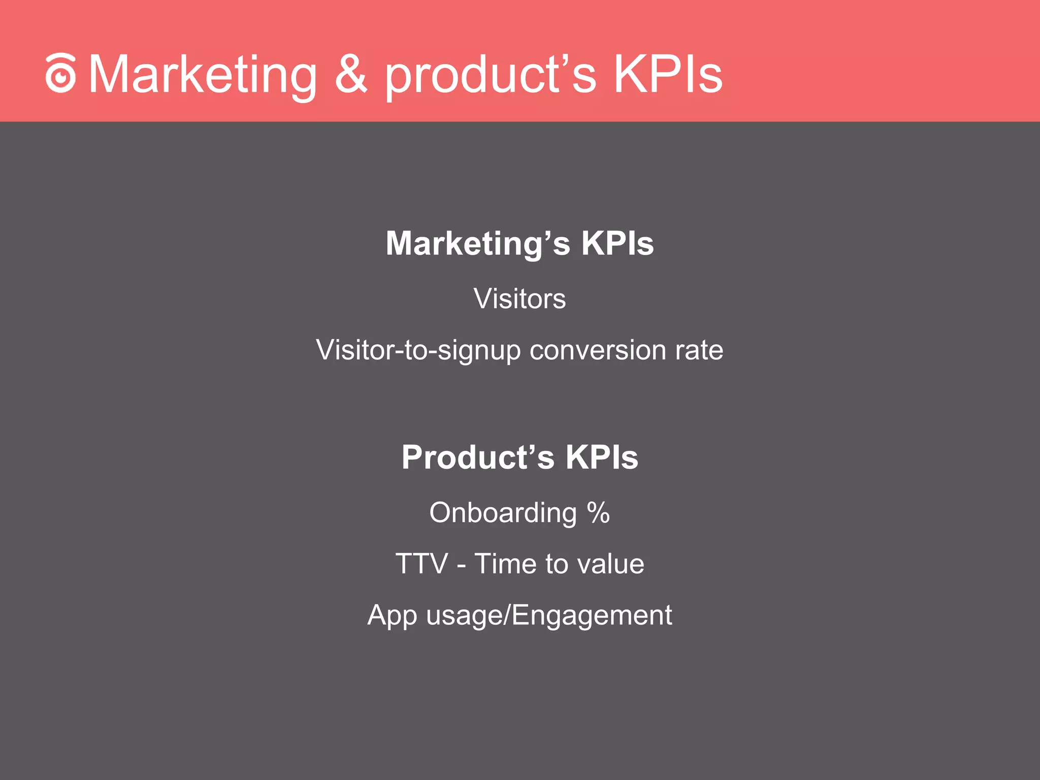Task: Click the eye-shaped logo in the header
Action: pyautogui.click(x=60, y=74)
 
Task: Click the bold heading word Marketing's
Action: pyautogui.click(x=478, y=244)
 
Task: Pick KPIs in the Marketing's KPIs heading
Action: pyautogui.click(x=617, y=243)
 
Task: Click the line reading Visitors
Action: pyautogui.click(x=519, y=299)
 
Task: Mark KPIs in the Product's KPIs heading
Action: pyautogui.click(x=602, y=458)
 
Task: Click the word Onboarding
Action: pyautogui.click(x=503, y=513)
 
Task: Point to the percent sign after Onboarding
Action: pyautogui.click(x=598, y=513)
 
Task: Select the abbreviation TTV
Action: pyautogui.click(x=421, y=564)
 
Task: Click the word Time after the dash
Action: pyautogui.click(x=505, y=564)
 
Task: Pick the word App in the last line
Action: pyautogui.click(x=392, y=616)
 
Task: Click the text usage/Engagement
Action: pyautogui.click(x=549, y=616)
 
